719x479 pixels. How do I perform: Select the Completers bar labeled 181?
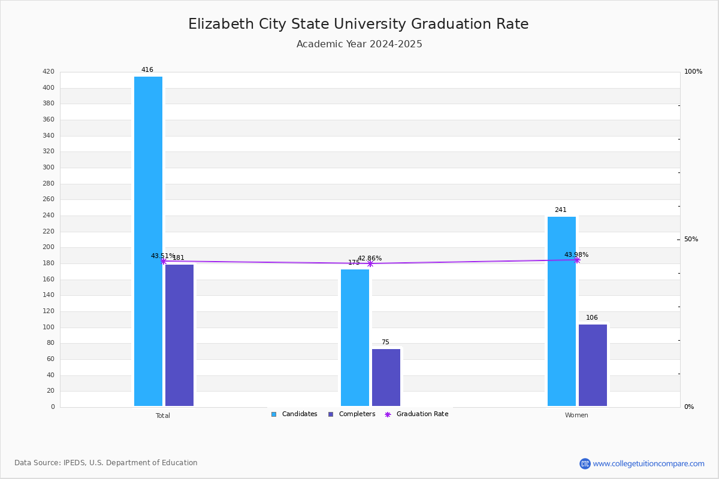179,335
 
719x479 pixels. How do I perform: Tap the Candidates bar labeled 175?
355,338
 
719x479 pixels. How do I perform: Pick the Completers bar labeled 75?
386,378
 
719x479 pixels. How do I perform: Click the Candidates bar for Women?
561,311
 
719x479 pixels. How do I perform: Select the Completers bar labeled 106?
593,365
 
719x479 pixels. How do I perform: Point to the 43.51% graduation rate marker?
163,261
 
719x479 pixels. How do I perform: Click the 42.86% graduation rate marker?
370,263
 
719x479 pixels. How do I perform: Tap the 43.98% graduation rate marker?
577,260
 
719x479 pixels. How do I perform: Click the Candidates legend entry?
294,414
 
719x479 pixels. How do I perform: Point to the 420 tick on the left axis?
49,72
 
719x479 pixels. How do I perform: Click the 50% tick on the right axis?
691,239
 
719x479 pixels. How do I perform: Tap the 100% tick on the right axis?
693,72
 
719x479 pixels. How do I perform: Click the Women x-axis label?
576,416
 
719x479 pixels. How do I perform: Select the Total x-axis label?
163,416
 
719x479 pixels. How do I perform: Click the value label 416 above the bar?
147,70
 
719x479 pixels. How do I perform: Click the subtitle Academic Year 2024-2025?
359,44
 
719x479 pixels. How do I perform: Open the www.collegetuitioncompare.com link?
648,463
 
